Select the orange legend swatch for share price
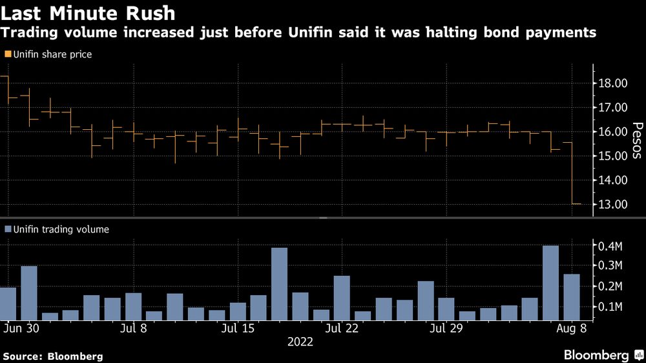click(8, 55)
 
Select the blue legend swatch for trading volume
click(8, 229)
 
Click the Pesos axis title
click(636, 141)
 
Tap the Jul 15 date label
click(237, 328)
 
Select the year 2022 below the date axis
click(300, 342)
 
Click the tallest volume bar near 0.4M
click(550, 283)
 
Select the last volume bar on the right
click(571, 297)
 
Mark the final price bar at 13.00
click(576, 204)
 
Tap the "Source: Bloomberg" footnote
click(53, 356)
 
